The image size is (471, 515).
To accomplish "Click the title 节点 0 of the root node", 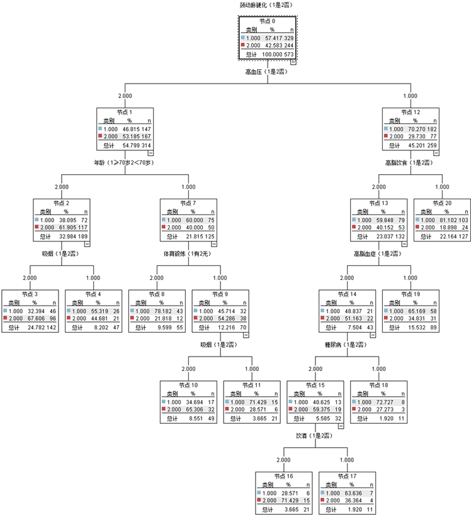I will [x=267, y=21].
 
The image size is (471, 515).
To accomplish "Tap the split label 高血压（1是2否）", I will [x=266, y=72].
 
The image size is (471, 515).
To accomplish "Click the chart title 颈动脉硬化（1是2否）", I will [x=266, y=5].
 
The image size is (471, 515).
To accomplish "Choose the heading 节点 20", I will [x=441, y=203].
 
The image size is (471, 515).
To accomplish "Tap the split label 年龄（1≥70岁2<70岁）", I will [x=125, y=162].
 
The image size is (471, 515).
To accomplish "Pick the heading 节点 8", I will [x=156, y=294].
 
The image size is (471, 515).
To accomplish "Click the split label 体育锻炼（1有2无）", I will [x=188, y=253].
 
